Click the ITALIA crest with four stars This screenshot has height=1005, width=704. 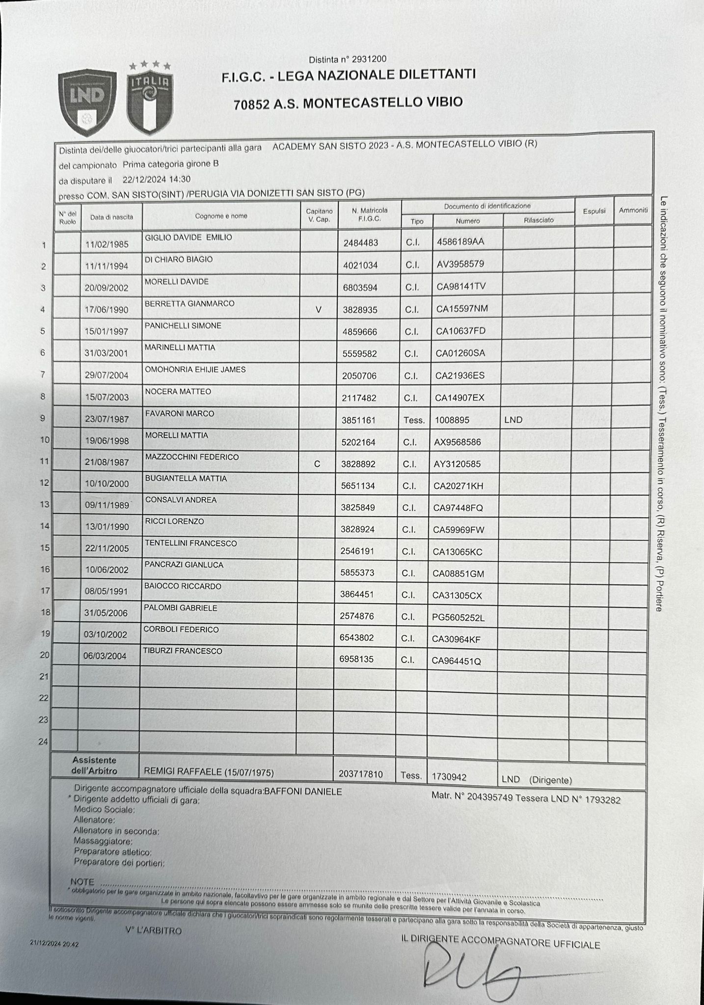tap(150, 98)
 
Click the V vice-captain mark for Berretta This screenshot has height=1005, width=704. tap(319, 310)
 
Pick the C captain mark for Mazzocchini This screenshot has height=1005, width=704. tap(317, 464)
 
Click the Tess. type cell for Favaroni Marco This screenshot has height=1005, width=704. tap(413, 420)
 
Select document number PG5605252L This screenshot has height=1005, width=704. tap(458, 618)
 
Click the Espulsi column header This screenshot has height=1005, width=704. tap(594, 211)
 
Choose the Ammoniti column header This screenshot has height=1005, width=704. tap(633, 210)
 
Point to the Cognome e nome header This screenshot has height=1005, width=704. tap(221, 216)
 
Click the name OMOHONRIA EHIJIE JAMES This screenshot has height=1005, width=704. tap(195, 370)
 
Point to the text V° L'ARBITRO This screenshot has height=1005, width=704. tap(153, 931)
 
